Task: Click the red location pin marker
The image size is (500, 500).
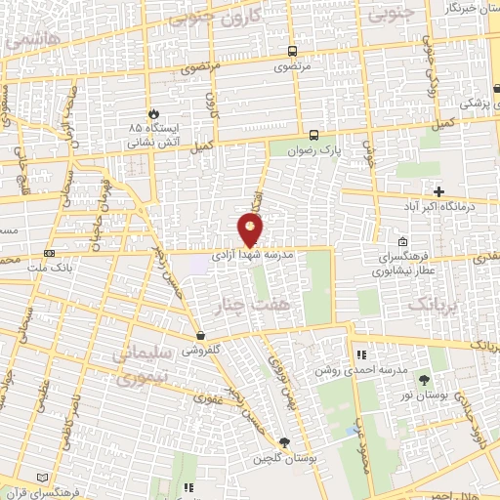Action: (251, 229)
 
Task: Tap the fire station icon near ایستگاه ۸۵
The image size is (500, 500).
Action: (150, 113)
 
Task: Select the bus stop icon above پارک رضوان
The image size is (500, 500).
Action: (313, 136)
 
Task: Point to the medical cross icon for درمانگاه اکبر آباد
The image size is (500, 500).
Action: (438, 191)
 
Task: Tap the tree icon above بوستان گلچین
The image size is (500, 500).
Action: (284, 442)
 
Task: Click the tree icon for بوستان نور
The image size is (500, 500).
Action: (423, 380)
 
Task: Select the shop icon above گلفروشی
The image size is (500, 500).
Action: (199, 335)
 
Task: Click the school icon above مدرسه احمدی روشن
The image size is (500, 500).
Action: (360, 354)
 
